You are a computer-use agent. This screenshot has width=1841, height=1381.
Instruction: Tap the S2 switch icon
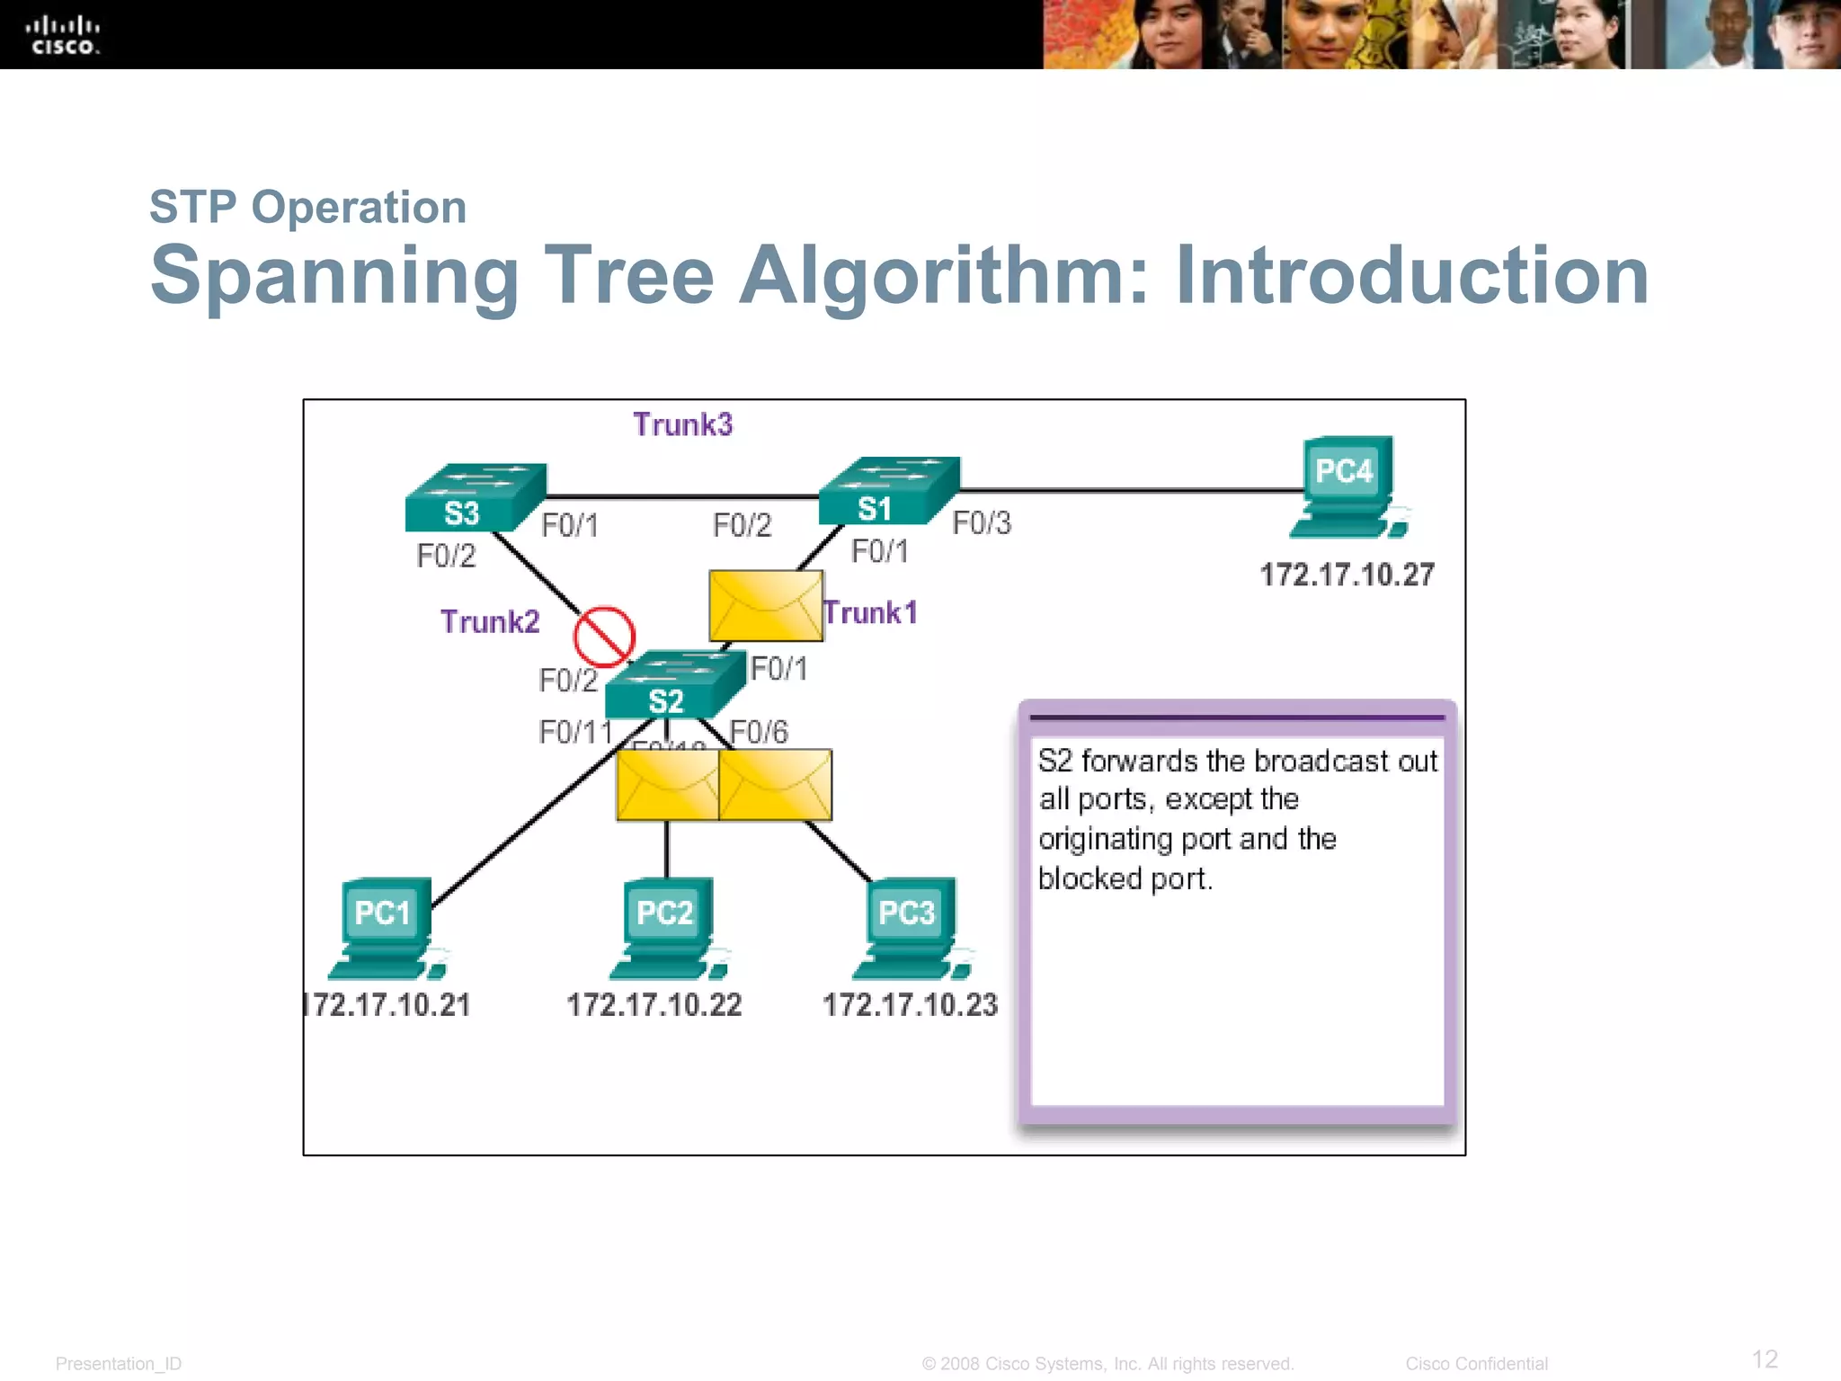click(x=674, y=686)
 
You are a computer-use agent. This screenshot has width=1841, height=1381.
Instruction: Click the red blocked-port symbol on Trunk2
click(x=605, y=637)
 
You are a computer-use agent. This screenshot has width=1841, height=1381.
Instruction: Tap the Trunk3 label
click(x=682, y=424)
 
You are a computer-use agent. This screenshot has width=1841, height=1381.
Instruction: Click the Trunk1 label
click(x=871, y=613)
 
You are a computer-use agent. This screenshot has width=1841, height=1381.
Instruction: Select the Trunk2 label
click(x=490, y=622)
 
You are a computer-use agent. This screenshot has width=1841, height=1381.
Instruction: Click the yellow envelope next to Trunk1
click(x=765, y=606)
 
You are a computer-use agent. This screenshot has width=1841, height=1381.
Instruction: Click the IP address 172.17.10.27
click(x=1347, y=575)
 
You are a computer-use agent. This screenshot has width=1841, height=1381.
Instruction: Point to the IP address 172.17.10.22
click(x=654, y=1005)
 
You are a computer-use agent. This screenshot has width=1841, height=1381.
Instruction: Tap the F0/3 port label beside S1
click(x=982, y=523)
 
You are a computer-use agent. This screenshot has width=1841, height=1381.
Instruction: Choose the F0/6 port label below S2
click(x=760, y=733)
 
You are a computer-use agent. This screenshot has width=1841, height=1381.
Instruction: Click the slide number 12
click(x=1764, y=1359)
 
